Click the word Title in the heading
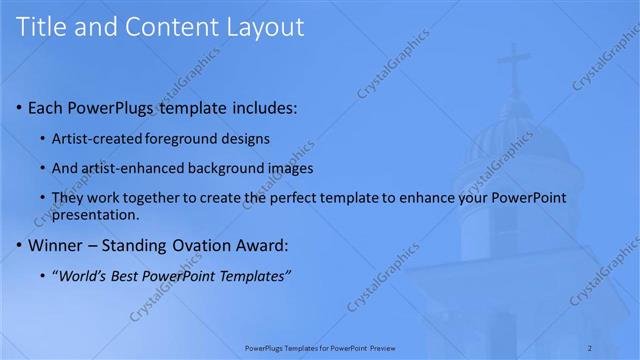tap(43, 27)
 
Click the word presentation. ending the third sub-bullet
tap(96, 214)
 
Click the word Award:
tap(262, 244)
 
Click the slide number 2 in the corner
tap(618, 348)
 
